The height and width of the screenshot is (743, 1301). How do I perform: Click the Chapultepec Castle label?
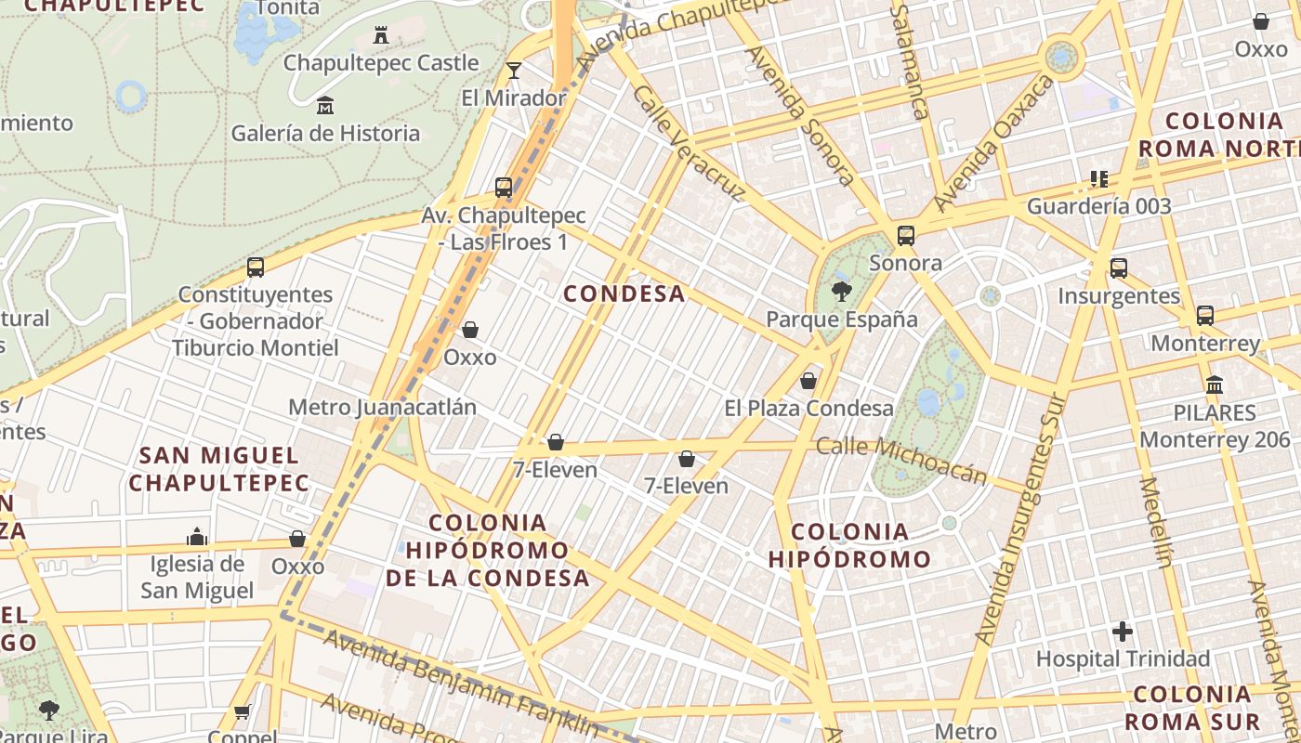point(381,63)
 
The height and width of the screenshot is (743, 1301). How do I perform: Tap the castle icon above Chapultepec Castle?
point(380,35)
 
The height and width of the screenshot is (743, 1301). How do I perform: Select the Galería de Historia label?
point(325,133)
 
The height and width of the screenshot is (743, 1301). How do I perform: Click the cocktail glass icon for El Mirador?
point(514,70)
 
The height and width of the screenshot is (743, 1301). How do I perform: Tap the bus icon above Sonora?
point(906,236)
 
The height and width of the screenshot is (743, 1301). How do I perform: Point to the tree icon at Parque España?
point(842,292)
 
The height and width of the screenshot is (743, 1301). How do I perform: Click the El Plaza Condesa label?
point(808,408)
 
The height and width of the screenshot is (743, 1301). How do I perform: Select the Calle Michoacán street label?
point(900,461)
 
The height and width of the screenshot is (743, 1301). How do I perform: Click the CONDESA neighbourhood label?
point(624,293)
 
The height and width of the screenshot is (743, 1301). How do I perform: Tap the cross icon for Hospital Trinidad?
point(1123,632)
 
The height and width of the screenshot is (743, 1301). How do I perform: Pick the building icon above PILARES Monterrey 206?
point(1215,385)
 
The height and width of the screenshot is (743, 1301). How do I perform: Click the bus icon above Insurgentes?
point(1119,268)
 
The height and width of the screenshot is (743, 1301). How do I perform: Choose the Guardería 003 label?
point(1098,206)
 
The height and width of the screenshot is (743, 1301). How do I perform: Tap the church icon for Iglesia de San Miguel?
point(196,537)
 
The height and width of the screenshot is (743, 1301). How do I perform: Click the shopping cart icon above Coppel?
point(242,712)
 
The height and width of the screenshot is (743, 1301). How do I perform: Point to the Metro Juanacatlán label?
point(382,407)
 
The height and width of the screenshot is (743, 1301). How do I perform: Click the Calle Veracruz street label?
point(689,143)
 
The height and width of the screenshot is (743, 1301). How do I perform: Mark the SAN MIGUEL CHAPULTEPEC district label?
point(218,469)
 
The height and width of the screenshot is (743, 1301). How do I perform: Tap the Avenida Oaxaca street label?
point(995,143)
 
